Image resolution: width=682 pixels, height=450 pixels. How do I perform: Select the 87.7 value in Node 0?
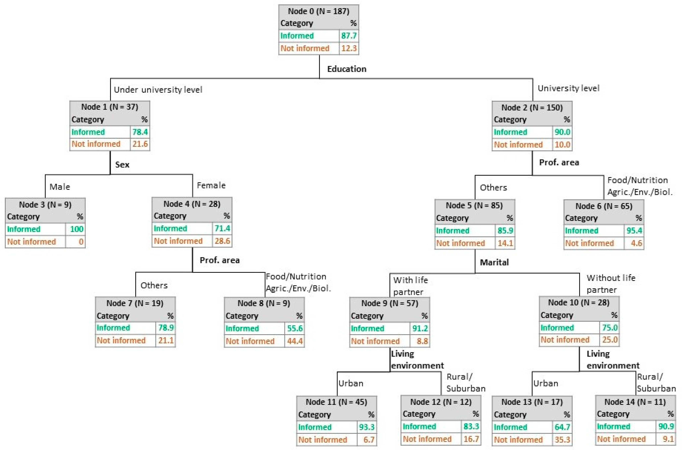(349, 36)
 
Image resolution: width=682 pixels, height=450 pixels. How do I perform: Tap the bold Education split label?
(347, 69)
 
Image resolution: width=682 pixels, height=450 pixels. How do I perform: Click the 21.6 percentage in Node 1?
(140, 144)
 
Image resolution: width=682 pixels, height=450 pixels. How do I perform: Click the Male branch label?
(60, 187)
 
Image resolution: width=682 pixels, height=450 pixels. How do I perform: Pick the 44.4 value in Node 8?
(295, 341)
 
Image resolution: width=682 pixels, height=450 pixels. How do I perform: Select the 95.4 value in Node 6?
(634, 230)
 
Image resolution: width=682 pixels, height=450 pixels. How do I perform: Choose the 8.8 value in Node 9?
(422, 341)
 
